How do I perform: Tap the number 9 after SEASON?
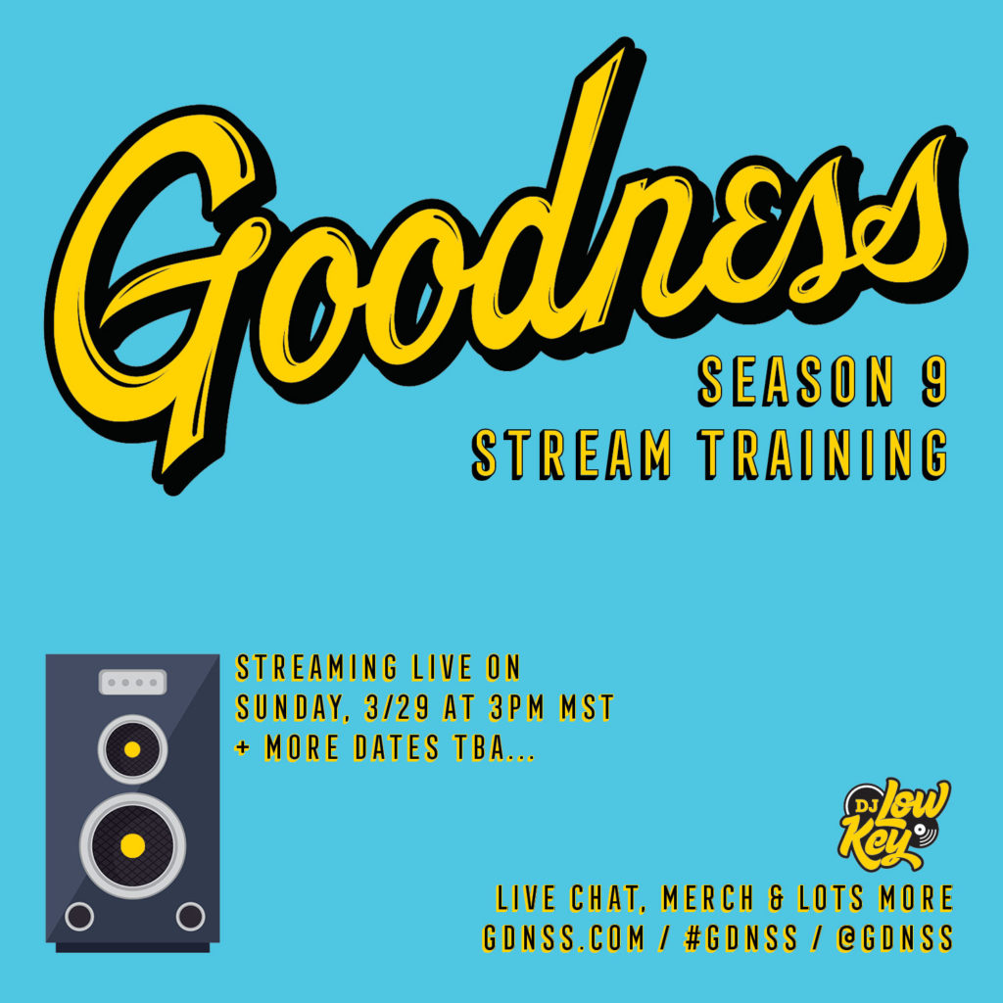[x=933, y=381]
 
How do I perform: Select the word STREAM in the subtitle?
[x=572, y=454]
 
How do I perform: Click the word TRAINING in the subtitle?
[x=823, y=454]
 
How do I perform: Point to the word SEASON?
[x=795, y=381]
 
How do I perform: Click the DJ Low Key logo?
[x=894, y=824]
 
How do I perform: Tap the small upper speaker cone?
[x=132, y=749]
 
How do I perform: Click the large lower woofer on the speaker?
[x=132, y=845]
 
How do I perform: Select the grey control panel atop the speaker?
[x=132, y=682]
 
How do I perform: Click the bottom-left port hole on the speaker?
[x=79, y=916]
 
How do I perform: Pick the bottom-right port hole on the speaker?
[x=191, y=916]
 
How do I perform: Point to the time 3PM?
[x=517, y=707]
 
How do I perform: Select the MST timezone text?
[x=588, y=707]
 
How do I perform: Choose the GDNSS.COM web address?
[x=563, y=937]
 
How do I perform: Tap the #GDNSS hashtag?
[x=740, y=937]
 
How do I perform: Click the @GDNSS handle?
[x=894, y=937]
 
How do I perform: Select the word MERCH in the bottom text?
[x=707, y=897]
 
